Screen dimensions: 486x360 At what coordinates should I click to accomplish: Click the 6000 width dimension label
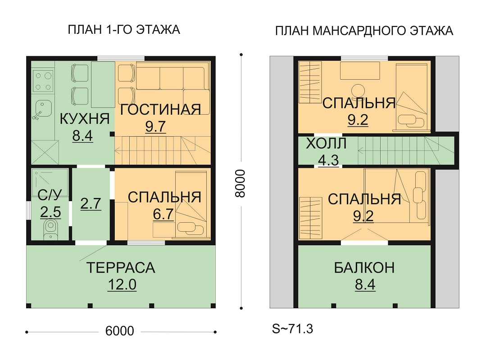[x=120, y=331]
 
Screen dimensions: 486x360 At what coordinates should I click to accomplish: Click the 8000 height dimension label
[x=240, y=183]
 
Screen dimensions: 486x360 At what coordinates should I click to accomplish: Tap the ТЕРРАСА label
[x=121, y=268]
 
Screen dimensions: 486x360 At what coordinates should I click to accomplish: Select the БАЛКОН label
[x=364, y=268]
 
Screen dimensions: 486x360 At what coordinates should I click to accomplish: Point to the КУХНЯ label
[x=85, y=119]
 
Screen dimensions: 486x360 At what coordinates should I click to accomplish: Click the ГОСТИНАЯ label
[x=160, y=110]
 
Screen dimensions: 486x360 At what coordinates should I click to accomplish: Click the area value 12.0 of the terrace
[x=122, y=285]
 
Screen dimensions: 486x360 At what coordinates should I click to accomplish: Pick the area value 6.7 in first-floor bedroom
[x=164, y=214]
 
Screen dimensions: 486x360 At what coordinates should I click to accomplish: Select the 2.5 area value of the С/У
[x=50, y=212]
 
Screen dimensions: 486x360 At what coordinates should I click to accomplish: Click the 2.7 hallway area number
[x=91, y=204]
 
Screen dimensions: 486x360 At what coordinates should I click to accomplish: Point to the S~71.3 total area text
[x=293, y=329]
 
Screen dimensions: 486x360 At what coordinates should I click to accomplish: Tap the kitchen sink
[x=42, y=109]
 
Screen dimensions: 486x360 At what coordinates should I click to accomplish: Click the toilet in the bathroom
[x=50, y=229]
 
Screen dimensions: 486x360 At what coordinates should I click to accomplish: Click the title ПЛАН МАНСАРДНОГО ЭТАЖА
[x=364, y=31]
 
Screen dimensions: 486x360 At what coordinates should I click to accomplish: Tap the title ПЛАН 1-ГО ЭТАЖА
[x=124, y=30]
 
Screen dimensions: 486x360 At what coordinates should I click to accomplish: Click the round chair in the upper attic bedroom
[x=358, y=91]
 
